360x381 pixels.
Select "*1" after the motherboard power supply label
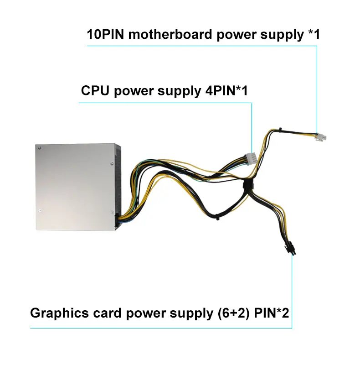pyautogui.click(x=313, y=35)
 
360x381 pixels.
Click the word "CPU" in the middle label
pyautogui.click(x=95, y=91)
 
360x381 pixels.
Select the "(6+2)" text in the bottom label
pyautogui.click(x=230, y=313)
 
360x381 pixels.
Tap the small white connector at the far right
pyautogui.click(x=321, y=137)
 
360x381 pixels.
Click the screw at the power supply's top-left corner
pyautogui.click(x=41, y=148)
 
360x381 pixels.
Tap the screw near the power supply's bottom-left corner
pyautogui.click(x=41, y=211)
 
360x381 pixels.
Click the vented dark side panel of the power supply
pyautogui.click(x=118, y=183)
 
